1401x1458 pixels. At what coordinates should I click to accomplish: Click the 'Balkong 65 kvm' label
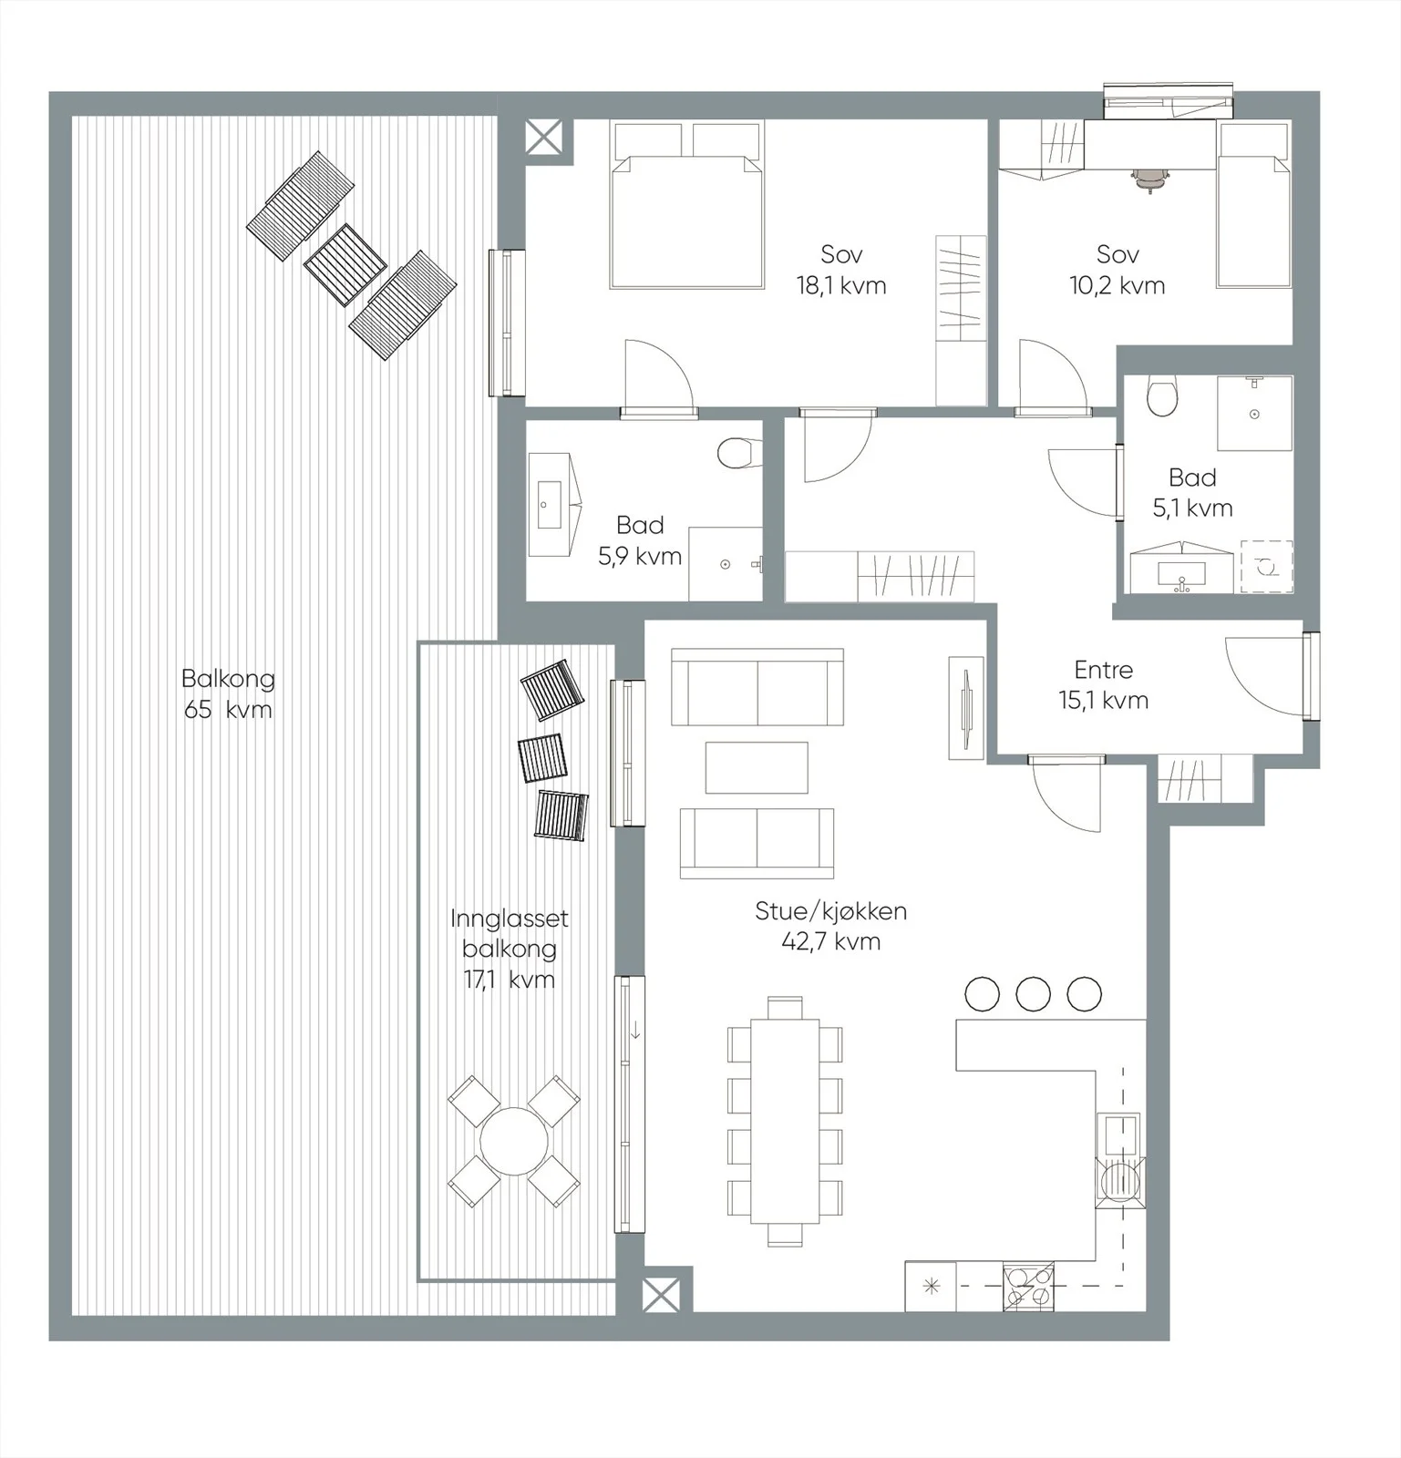228,693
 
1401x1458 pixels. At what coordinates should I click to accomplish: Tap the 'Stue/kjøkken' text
830,910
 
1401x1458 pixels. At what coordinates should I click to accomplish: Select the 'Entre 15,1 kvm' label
1103,684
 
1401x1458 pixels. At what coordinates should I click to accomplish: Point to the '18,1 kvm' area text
841,285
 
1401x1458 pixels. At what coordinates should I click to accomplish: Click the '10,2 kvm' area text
1117,285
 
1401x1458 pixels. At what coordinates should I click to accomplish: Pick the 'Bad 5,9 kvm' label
640,540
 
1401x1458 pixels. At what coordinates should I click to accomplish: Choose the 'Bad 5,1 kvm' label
1192,492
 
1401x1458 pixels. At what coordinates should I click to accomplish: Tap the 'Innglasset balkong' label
510,933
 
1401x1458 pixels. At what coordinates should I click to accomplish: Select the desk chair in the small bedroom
1149,180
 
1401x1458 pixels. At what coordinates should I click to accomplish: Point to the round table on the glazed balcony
515,1141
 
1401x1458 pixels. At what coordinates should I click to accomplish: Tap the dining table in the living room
785,1120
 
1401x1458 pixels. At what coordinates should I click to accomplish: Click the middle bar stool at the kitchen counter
1033,993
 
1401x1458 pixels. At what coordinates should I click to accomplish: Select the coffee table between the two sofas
757,767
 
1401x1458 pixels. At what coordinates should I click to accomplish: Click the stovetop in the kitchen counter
1028,1287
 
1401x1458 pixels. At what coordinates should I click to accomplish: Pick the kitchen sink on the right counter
1119,1135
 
